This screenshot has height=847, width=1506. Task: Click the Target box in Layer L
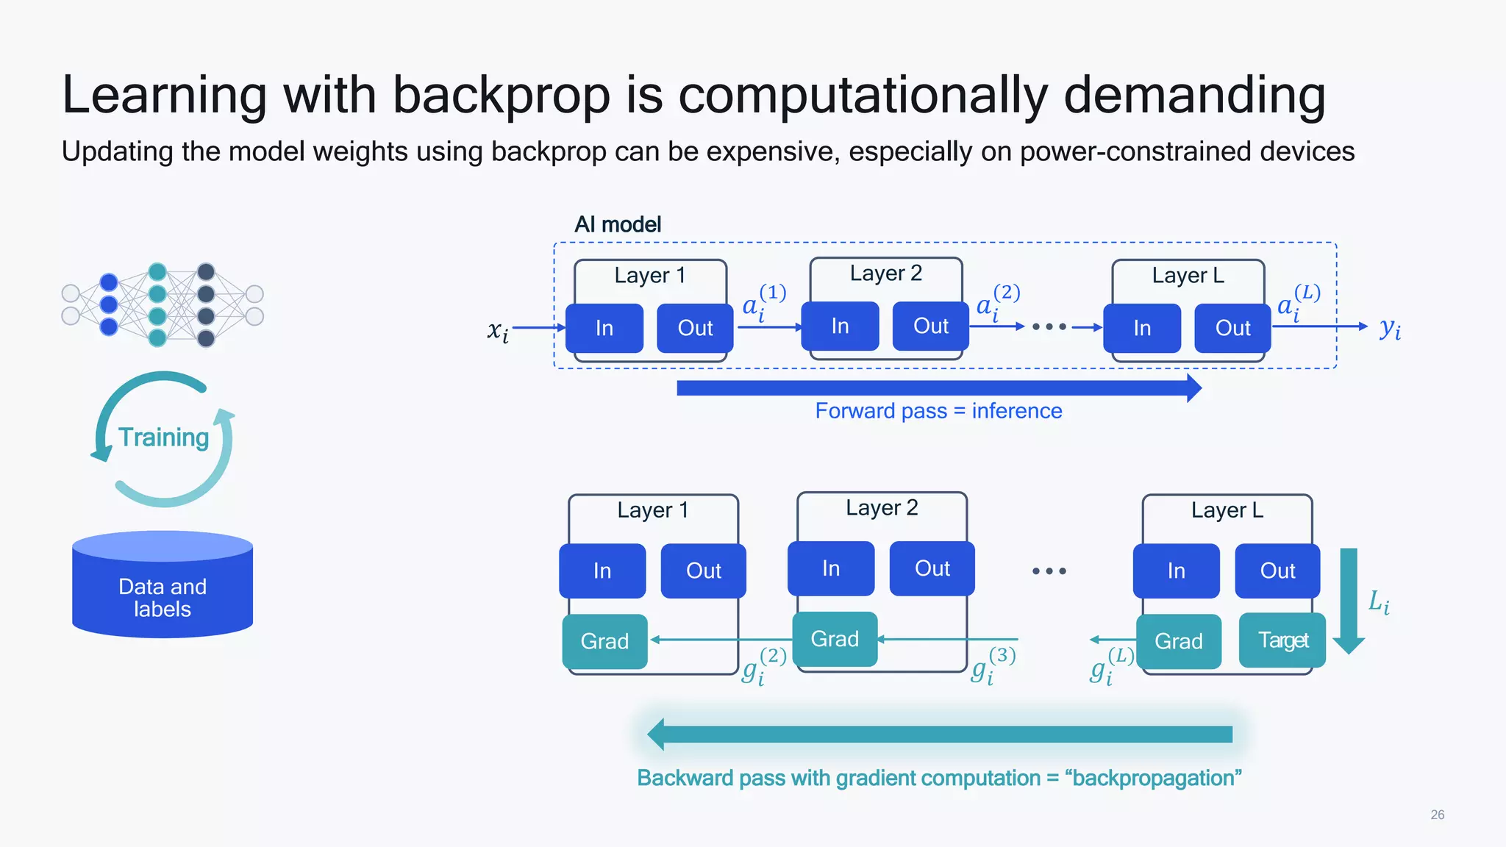[1282, 640]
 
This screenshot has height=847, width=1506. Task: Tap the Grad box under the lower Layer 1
[604, 641]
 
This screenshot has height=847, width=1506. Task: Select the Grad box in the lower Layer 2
[835, 639]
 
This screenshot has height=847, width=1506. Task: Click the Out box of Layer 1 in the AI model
[695, 328]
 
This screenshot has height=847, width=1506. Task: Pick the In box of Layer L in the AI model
[1142, 328]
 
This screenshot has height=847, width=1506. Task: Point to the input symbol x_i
[498, 331]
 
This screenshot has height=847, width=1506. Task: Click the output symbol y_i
[1390, 328]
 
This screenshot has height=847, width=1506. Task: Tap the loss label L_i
[1379, 602]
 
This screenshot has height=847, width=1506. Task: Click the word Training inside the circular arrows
[163, 437]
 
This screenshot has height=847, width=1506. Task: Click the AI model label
[617, 224]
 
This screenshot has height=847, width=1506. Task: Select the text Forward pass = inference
[938, 411]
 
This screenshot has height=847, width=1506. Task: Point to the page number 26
[1437, 815]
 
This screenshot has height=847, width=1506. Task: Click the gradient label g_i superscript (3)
[992, 665]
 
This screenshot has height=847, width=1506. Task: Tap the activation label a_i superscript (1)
[763, 302]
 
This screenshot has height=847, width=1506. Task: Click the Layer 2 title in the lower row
[882, 508]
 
